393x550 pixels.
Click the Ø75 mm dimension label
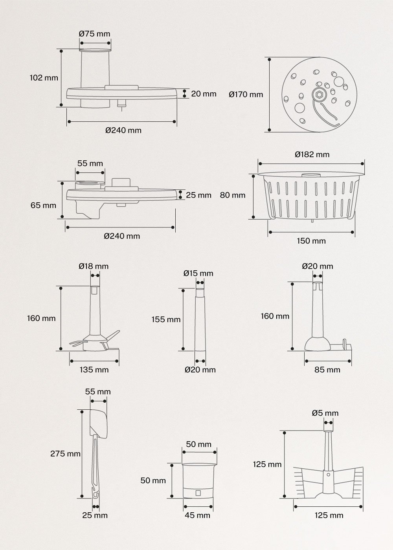(x=94, y=34)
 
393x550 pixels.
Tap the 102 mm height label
(x=44, y=78)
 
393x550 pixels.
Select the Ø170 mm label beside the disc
(x=246, y=95)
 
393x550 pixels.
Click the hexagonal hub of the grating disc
(x=319, y=95)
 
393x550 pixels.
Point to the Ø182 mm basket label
(x=312, y=154)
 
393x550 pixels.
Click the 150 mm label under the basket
(x=311, y=241)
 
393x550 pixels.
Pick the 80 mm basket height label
(x=232, y=195)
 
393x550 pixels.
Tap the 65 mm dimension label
(x=43, y=205)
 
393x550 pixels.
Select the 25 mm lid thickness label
(x=198, y=195)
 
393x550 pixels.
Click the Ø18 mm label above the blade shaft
(x=94, y=266)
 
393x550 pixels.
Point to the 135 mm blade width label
(x=94, y=370)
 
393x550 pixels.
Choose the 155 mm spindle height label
(x=166, y=319)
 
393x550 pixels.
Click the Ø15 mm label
(x=198, y=273)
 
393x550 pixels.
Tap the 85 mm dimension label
(x=327, y=370)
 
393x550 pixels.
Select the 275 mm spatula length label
(x=65, y=454)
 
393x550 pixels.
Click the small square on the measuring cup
(x=198, y=493)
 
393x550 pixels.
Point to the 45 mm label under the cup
(x=197, y=515)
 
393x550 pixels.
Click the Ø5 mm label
(x=325, y=413)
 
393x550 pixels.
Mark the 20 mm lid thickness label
(x=204, y=94)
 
